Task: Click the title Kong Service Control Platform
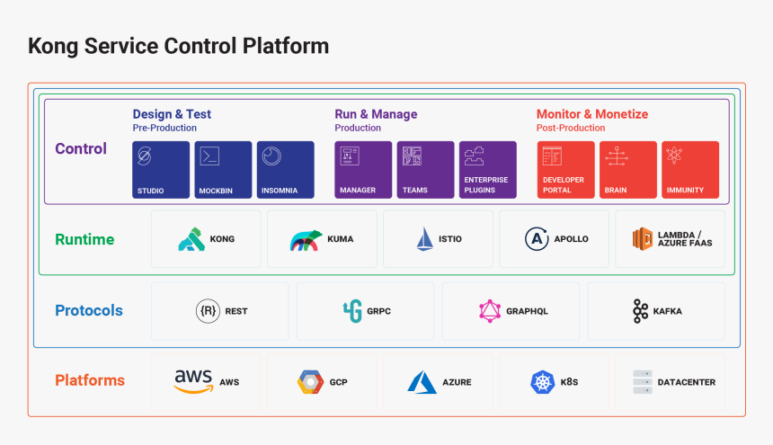point(178,46)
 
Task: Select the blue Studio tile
point(162,169)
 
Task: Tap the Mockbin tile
point(223,169)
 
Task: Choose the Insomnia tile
point(285,169)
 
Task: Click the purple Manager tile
point(363,169)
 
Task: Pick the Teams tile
point(425,169)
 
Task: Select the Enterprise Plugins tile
point(487,169)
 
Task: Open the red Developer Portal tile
point(566,169)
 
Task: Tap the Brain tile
point(628,169)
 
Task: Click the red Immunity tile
point(690,169)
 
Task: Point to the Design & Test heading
point(172,114)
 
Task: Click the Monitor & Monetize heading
point(591,114)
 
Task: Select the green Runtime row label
point(84,239)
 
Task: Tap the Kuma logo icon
point(306,240)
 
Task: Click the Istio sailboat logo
point(424,239)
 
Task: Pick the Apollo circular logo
point(537,239)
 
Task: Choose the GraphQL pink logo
point(490,311)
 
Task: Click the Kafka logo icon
point(640,311)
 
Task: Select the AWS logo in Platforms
point(193,381)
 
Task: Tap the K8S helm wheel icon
point(542,382)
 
